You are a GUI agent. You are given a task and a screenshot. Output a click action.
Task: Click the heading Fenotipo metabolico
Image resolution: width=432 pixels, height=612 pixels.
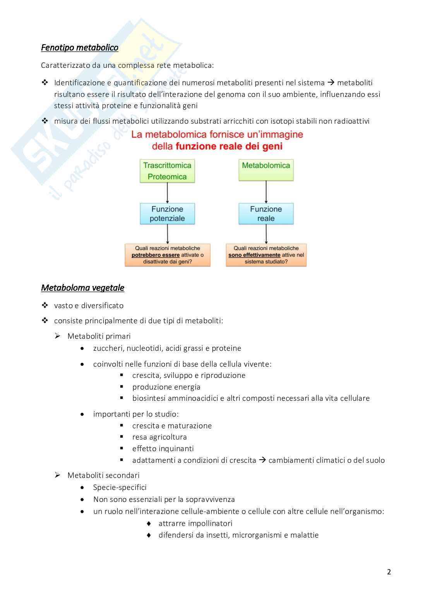[79, 48]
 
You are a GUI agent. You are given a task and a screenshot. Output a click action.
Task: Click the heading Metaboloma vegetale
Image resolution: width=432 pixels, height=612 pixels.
[82, 288]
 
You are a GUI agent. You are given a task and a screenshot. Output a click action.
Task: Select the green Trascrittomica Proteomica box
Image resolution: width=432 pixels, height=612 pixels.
[167, 171]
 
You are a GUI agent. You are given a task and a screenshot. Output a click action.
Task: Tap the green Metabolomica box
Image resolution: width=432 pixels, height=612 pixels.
[266, 170]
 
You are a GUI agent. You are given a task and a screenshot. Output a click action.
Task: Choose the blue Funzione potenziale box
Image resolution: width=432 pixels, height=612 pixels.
[167, 214]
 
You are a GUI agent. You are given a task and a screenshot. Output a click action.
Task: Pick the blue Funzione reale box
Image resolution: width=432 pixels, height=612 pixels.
[266, 214]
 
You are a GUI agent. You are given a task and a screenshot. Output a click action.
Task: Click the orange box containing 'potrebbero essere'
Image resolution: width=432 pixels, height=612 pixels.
[167, 255]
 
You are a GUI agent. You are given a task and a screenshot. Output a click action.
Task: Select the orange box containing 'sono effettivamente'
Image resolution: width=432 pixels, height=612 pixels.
[266, 255]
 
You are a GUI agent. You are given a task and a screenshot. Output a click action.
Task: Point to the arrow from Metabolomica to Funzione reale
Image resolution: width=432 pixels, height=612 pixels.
[266, 192]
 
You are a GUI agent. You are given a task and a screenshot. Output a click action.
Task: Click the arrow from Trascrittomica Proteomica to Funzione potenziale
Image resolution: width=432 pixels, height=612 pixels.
[167, 193]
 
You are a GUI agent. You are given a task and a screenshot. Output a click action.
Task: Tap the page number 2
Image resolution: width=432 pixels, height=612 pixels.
[389, 572]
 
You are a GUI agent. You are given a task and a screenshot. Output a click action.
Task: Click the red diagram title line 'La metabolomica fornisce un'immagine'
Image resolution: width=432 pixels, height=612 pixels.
[217, 134]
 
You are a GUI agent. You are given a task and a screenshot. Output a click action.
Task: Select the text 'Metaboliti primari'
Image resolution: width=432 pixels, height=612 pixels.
[99, 336]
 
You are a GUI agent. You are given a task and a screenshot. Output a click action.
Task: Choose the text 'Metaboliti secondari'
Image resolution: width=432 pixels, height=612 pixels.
[103, 475]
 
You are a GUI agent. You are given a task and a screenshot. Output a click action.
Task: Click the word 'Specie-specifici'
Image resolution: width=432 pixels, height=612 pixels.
[120, 487]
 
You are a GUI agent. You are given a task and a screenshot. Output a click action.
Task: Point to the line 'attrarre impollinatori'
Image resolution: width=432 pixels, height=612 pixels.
[195, 523]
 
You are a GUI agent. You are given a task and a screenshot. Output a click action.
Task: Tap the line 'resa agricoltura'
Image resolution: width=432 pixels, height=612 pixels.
[159, 437]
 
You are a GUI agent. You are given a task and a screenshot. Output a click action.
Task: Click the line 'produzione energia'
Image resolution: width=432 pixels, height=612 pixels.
[166, 387]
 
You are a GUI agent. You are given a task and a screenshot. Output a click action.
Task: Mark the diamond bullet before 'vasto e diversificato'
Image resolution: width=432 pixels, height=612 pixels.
[45, 305]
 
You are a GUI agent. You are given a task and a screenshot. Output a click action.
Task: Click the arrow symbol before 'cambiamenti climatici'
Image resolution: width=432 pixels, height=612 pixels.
[262, 460]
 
